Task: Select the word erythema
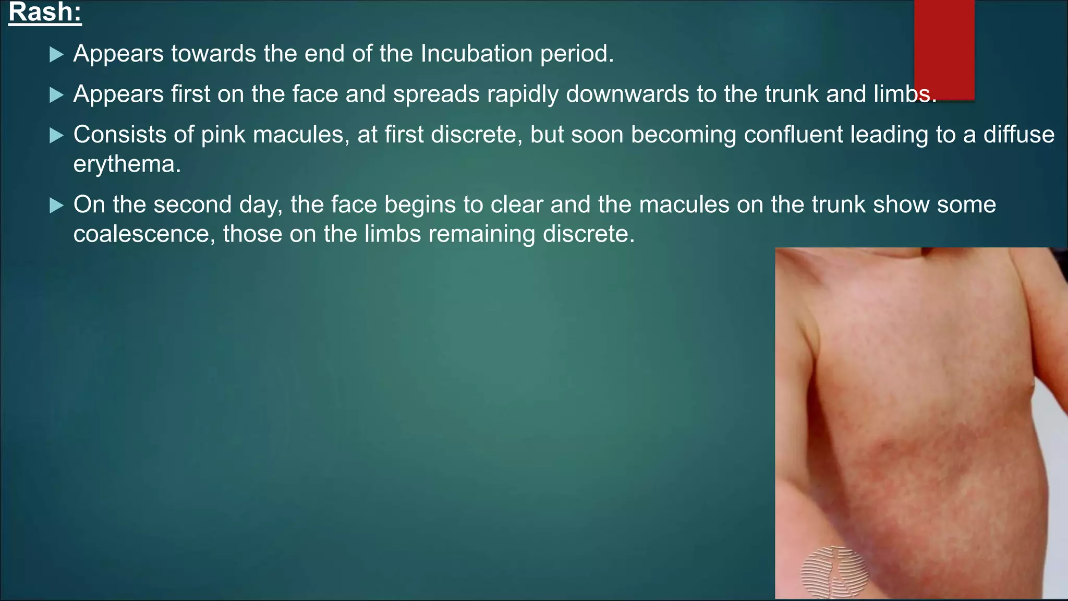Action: (126, 165)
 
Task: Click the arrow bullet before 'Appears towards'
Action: (56, 54)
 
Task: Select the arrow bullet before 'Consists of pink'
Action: (56, 136)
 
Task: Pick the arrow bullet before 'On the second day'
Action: (56, 206)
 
